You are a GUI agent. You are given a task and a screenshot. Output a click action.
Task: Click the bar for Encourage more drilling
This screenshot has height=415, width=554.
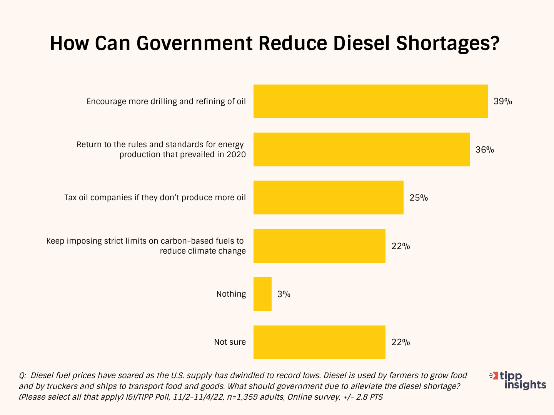[x=370, y=101]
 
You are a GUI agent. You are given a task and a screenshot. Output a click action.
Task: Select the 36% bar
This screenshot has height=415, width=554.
[x=362, y=149]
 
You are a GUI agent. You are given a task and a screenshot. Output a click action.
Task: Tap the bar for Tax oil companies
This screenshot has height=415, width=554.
[x=329, y=198]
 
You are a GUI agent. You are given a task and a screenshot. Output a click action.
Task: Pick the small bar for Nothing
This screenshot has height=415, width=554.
[x=262, y=294]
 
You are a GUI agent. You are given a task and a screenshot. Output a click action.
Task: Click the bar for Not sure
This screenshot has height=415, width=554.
[x=319, y=342]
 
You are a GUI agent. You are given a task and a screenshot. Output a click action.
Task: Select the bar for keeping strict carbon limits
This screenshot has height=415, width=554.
[x=319, y=246]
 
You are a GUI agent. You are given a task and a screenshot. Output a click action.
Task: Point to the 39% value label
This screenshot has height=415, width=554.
[x=503, y=101]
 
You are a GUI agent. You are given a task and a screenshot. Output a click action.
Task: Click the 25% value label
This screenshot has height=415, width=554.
[x=419, y=198]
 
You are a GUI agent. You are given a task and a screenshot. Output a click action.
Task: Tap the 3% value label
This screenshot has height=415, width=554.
[x=284, y=294]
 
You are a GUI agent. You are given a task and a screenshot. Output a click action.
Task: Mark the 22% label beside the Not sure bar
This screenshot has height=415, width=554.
[x=400, y=342]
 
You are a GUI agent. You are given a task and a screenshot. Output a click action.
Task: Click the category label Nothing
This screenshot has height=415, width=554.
[x=231, y=294]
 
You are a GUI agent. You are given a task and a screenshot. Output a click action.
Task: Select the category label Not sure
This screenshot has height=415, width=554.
[x=230, y=342]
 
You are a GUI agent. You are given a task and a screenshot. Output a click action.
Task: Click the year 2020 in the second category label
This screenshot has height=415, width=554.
[x=235, y=154]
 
